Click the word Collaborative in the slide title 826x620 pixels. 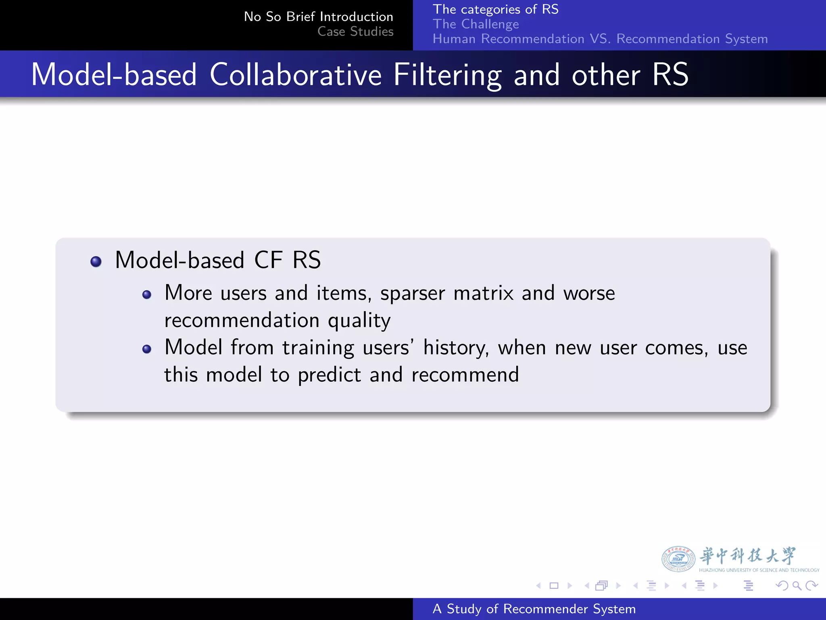[x=295, y=75]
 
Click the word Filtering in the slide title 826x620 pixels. [x=447, y=75]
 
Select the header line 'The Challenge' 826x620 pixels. [x=476, y=24]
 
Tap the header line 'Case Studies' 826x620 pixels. [x=355, y=31]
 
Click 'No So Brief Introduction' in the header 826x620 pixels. [x=318, y=17]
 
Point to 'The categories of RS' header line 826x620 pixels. [x=495, y=9]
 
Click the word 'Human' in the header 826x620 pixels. [x=454, y=39]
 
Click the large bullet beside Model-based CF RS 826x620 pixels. [x=96, y=262]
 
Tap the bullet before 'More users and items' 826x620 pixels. [x=147, y=295]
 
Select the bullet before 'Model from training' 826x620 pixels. [x=147, y=349]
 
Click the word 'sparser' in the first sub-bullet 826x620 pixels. [x=413, y=293]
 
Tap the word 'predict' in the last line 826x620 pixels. [x=329, y=375]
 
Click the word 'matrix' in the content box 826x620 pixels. [x=483, y=293]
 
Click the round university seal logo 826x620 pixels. [x=678, y=559]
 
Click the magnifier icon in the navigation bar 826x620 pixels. [x=797, y=586]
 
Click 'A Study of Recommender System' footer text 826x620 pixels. [x=534, y=609]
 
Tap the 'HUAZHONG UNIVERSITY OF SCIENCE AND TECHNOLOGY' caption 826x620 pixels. [x=759, y=570]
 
